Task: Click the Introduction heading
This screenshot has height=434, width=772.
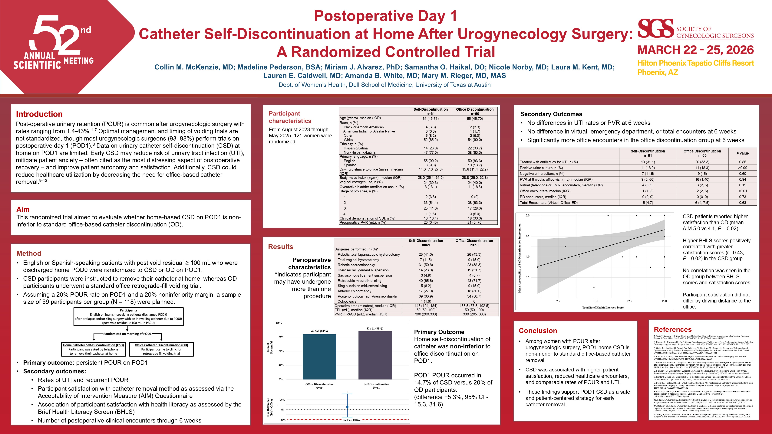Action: coord(39,114)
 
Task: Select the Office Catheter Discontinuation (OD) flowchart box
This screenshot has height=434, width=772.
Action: coord(161,349)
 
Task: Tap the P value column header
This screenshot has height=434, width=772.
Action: coord(742,153)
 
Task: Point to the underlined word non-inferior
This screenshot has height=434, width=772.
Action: coord(467,346)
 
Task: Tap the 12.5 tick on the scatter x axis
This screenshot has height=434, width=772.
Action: coord(629,301)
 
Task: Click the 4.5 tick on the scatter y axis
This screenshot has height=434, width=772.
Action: coord(527,236)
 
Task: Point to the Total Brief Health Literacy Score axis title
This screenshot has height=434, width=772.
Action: coord(603,307)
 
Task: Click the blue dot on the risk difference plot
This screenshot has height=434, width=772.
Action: coord(347,407)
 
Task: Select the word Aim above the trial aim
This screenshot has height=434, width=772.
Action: coord(23,209)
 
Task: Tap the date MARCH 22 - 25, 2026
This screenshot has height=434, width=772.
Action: coord(695,50)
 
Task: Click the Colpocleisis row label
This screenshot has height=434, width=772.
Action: coord(347,301)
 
